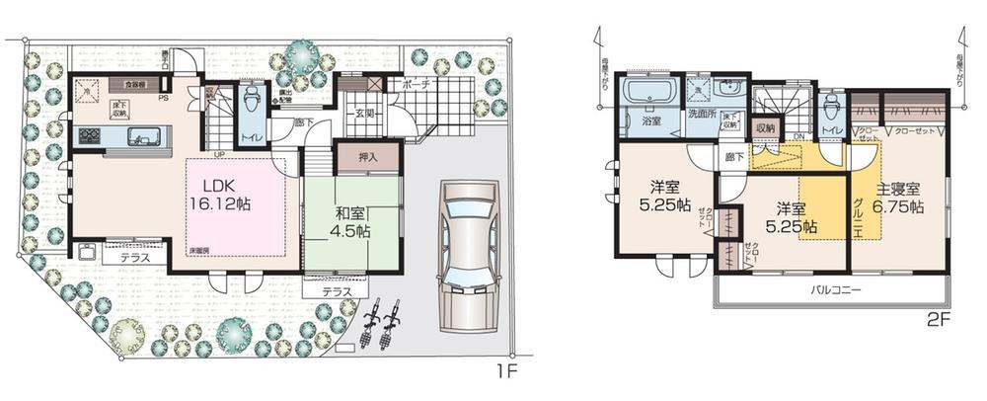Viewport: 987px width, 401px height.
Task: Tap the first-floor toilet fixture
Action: point(254,100)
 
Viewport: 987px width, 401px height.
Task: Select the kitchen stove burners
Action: point(90,136)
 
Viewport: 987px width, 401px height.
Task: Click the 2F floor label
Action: point(939,322)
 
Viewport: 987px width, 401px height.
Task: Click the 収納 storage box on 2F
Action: point(765,127)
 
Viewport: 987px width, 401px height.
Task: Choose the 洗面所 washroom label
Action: point(703,123)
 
